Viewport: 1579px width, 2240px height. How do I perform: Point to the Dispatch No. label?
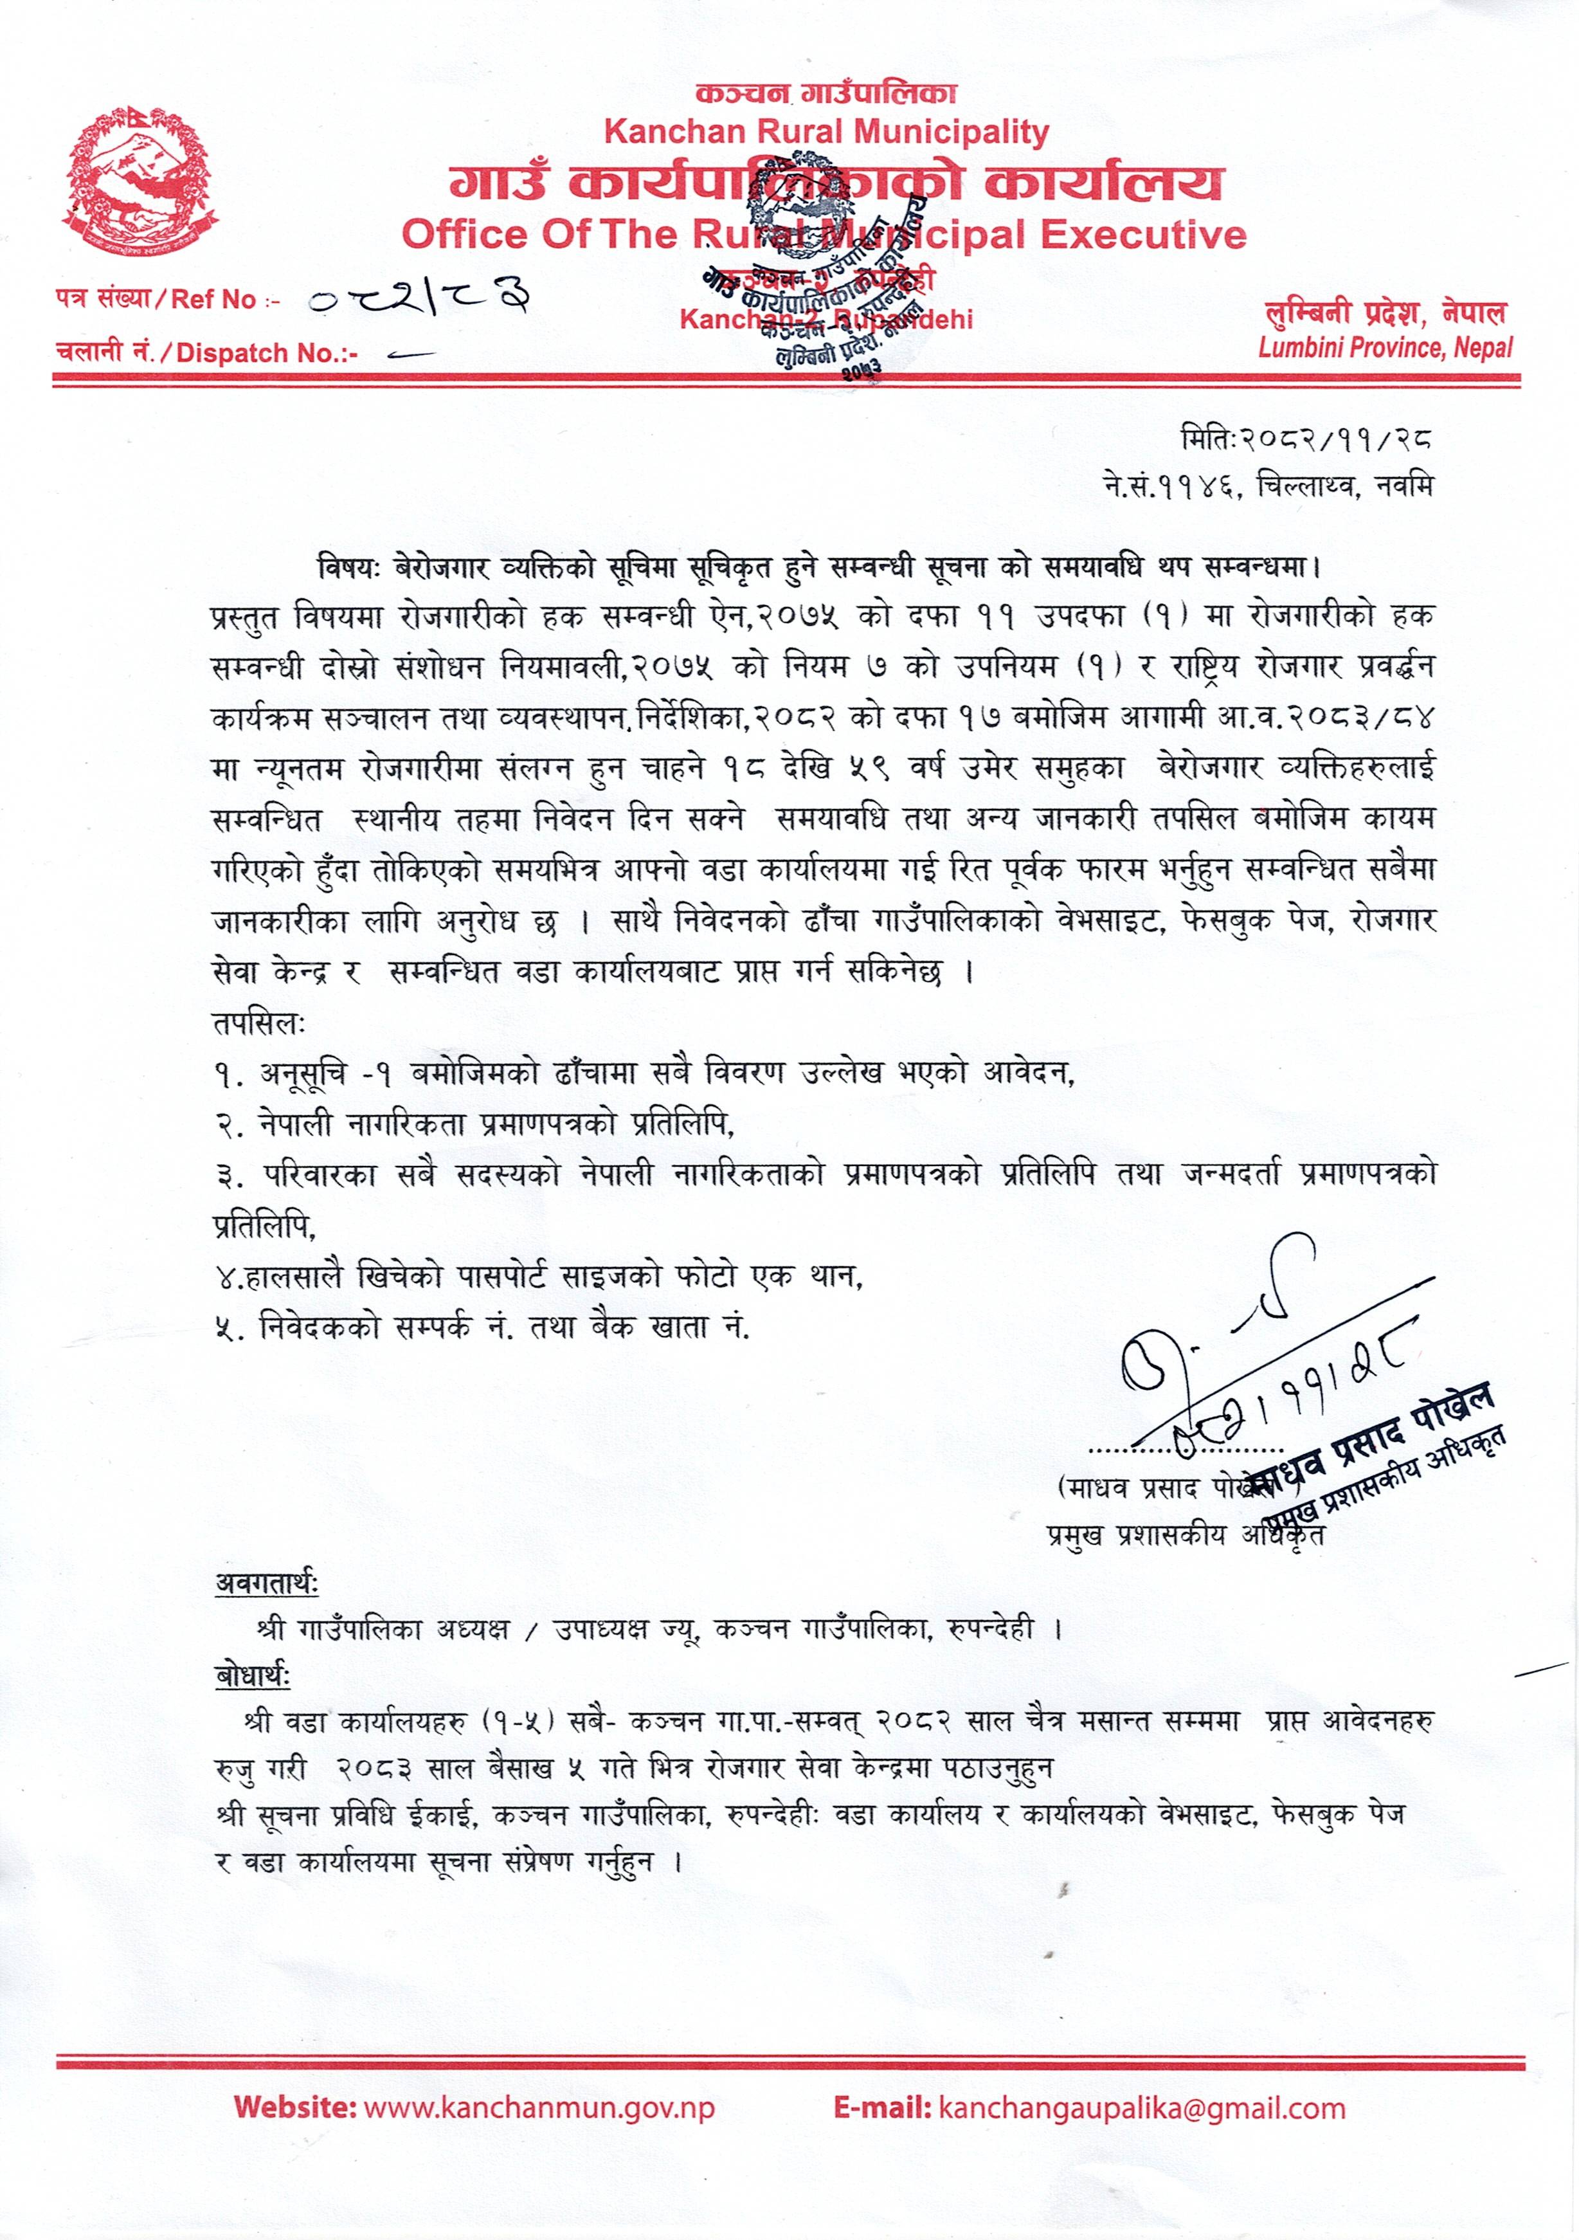[x=207, y=352]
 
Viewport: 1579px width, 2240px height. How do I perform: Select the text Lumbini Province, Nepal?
[x=1385, y=347]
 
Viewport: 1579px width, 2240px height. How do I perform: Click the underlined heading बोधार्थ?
[x=251, y=1676]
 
